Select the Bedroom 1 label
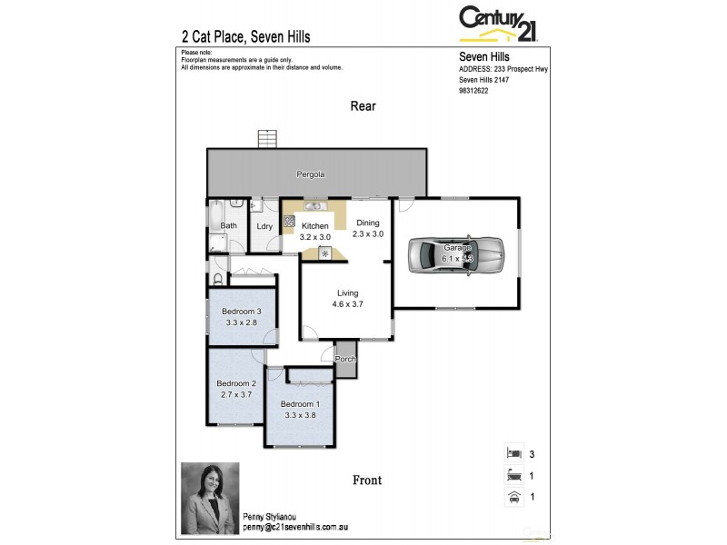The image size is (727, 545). pyautogui.click(x=300, y=404)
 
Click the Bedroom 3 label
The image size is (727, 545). pyautogui.click(x=242, y=312)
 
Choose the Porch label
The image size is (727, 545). pyautogui.click(x=346, y=359)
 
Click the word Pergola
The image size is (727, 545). pyautogui.click(x=311, y=173)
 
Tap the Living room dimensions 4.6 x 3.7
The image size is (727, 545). pyautogui.click(x=348, y=305)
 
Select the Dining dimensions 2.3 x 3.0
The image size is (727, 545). pyautogui.click(x=369, y=234)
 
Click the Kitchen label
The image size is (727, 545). pyautogui.click(x=315, y=226)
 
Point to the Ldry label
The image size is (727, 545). pyautogui.click(x=265, y=226)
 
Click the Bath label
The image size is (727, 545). pyautogui.click(x=229, y=225)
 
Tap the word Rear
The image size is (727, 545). pyautogui.click(x=363, y=106)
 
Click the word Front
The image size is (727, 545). pyautogui.click(x=368, y=480)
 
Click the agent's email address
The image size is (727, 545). pyautogui.click(x=295, y=526)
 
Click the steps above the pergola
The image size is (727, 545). pyautogui.click(x=267, y=139)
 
